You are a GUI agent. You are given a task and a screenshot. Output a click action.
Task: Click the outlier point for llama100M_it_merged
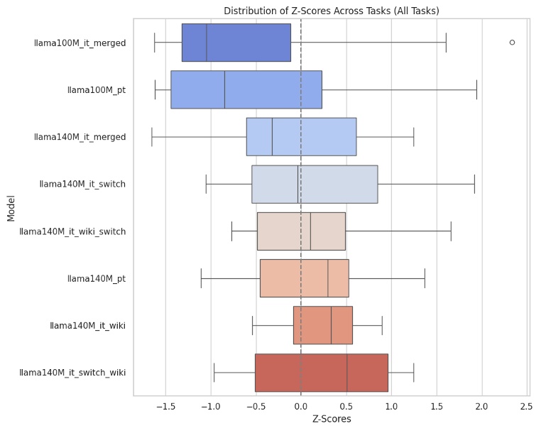[512, 43]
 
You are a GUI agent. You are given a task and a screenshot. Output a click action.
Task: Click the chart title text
[331, 11]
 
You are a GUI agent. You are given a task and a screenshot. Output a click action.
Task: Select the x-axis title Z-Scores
[332, 419]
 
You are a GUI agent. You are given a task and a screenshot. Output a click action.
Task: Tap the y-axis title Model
[11, 207]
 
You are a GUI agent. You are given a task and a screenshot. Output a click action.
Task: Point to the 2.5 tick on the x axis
[526, 407]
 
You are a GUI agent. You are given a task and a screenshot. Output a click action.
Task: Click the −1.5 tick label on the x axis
[165, 407]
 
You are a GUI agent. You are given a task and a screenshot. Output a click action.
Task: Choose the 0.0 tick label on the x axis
[301, 407]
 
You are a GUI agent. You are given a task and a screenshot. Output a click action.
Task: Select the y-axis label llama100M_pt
[96, 89]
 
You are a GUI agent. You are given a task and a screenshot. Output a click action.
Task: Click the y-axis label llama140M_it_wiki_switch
[72, 231]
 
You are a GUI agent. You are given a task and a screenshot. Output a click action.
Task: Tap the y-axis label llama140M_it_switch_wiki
[72, 373]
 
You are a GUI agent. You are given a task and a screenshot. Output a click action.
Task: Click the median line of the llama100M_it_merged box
[207, 43]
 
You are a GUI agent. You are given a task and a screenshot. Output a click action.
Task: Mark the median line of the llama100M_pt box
[224, 89]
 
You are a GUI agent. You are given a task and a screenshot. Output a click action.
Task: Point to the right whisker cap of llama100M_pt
[476, 89]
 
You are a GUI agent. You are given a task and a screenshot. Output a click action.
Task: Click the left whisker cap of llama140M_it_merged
[152, 137]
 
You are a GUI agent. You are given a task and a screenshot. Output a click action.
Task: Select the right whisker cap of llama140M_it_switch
[474, 184]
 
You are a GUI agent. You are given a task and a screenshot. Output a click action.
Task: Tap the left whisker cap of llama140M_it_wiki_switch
[231, 231]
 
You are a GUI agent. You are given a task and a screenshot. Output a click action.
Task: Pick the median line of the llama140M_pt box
[328, 278]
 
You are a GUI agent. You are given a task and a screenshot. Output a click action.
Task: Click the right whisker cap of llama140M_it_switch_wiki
[413, 373]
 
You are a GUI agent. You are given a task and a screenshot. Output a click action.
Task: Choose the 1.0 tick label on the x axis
[391, 407]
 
